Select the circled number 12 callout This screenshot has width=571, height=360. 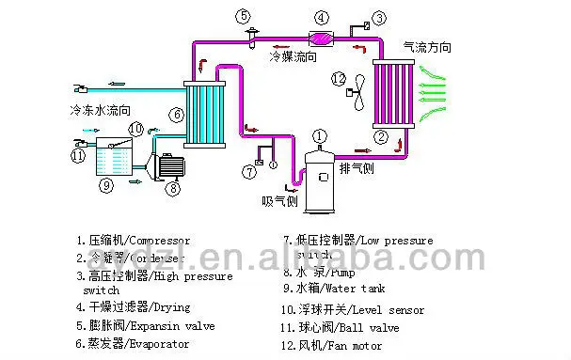[339, 77]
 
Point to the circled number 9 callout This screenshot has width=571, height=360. [106, 185]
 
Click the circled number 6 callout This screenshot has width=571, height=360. [175, 116]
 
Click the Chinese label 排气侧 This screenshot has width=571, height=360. [357, 169]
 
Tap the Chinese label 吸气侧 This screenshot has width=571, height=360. [280, 201]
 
